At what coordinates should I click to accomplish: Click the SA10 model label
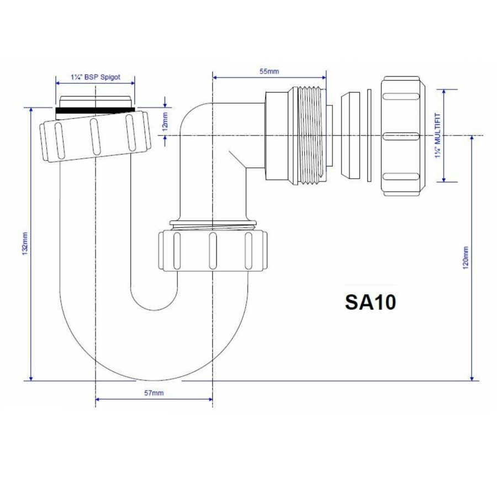pyautogui.click(x=370, y=302)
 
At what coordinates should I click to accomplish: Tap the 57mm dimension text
pyautogui.click(x=154, y=393)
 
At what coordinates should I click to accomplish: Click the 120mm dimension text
pyautogui.click(x=465, y=257)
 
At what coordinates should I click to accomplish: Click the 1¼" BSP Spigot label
pyautogui.click(x=95, y=78)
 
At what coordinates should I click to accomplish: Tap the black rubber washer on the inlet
pyautogui.click(x=95, y=110)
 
